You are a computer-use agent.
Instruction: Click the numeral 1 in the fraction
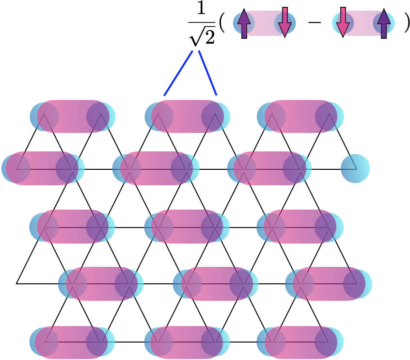(x=201, y=8)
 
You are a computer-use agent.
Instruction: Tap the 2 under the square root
(x=209, y=36)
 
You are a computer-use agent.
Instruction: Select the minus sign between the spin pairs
(x=315, y=22)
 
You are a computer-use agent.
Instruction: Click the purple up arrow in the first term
(x=244, y=23)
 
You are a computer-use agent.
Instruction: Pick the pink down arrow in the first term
(x=285, y=22)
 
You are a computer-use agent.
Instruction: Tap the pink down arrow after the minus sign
(x=343, y=22)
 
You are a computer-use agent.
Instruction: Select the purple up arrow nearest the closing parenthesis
(x=384, y=23)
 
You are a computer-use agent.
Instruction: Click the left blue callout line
(x=178, y=73)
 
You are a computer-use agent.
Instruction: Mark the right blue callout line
(x=207, y=73)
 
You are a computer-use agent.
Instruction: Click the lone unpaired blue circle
(x=355, y=168)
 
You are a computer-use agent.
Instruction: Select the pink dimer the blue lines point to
(x=188, y=116)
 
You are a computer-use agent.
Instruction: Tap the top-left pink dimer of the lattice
(x=73, y=116)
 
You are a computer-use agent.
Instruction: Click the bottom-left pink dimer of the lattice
(x=71, y=342)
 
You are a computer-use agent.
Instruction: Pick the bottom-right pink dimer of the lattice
(x=300, y=342)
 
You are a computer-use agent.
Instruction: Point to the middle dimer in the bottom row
(x=187, y=342)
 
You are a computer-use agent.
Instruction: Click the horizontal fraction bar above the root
(x=202, y=22)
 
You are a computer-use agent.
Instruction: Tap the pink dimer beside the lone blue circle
(x=270, y=168)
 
